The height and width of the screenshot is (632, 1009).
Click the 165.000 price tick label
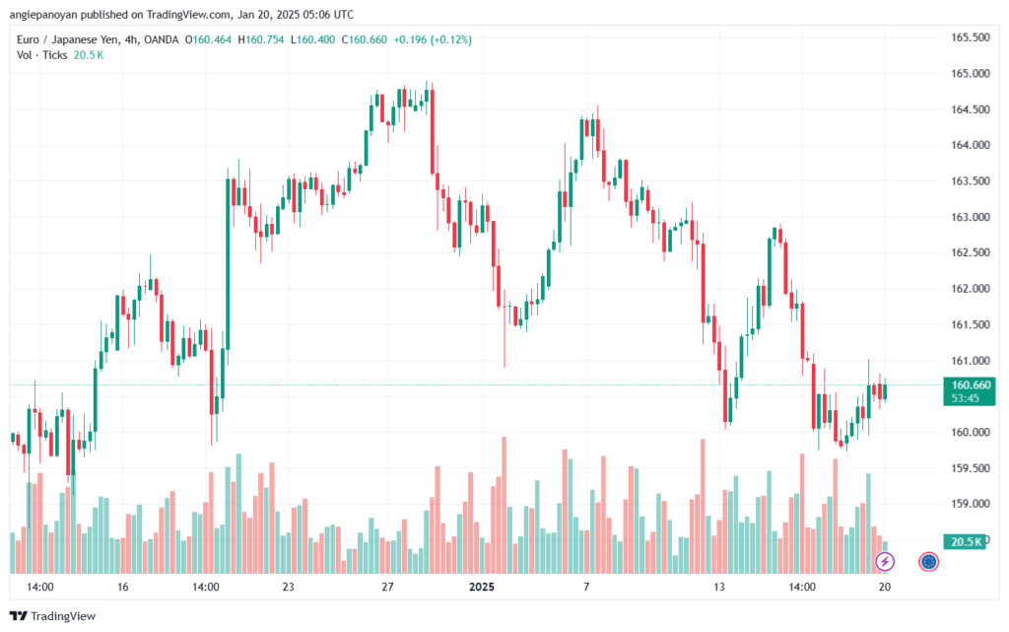click(x=968, y=73)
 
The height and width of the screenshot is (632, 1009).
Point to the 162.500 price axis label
click(x=968, y=252)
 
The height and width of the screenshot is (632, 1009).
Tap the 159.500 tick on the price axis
click(x=968, y=468)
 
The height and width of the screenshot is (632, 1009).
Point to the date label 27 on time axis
click(x=388, y=587)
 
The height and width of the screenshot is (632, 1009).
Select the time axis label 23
click(x=288, y=587)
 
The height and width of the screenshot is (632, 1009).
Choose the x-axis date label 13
click(x=719, y=587)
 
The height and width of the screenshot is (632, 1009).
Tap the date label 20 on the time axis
click(x=885, y=587)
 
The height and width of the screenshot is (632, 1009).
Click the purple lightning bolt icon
click(x=885, y=562)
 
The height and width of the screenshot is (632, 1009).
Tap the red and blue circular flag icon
click(x=928, y=562)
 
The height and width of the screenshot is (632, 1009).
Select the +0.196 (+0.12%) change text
click(x=433, y=39)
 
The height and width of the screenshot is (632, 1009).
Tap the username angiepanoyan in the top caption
click(x=45, y=14)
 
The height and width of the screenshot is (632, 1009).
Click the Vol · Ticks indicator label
click(x=42, y=55)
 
